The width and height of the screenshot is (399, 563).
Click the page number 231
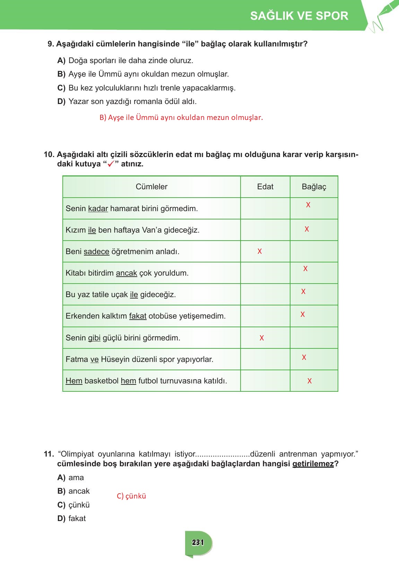(198, 543)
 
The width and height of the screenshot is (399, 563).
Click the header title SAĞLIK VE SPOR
(299, 16)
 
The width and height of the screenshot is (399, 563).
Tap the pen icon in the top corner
(385, 15)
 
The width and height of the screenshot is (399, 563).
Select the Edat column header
(265, 187)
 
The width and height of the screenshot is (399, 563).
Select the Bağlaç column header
(314, 187)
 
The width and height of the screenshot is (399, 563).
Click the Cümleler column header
(151, 187)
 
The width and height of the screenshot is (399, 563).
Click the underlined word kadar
(98, 209)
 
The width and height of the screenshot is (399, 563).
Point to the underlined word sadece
(96, 252)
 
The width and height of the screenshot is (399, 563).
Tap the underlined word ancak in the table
(126, 273)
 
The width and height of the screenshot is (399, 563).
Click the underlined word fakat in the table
(138, 316)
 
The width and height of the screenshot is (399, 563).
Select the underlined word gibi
(94, 338)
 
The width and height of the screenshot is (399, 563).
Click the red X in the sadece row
(260, 252)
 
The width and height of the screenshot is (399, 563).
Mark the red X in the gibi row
(262, 338)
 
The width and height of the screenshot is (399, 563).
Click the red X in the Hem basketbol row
(310, 381)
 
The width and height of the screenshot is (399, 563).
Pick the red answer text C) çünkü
(131, 496)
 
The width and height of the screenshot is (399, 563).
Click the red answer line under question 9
(181, 118)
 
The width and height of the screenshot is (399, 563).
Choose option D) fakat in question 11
(72, 519)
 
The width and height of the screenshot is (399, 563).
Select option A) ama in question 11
(71, 478)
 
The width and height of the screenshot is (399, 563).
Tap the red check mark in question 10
(111, 164)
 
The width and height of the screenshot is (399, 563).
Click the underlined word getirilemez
(313, 464)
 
